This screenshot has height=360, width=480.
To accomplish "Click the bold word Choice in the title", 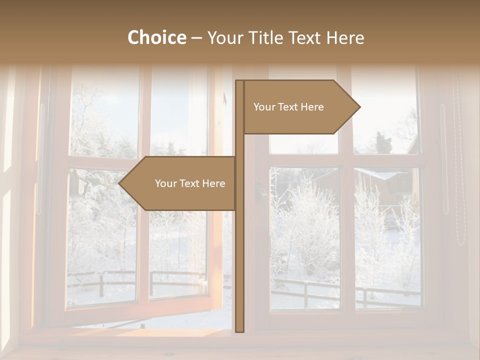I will pyautogui.click(x=156, y=37).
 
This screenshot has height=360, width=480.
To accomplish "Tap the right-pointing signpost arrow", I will pyautogui.click(x=300, y=107).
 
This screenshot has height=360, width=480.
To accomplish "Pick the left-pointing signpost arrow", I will pyautogui.click(x=180, y=183).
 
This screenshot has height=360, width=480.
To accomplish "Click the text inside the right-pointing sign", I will pyautogui.click(x=288, y=107).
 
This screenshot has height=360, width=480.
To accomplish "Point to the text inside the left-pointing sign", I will pyautogui.click(x=190, y=183).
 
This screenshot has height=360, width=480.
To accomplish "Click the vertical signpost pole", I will pyautogui.click(x=239, y=250).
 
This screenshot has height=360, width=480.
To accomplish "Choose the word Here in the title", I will pyautogui.click(x=345, y=37).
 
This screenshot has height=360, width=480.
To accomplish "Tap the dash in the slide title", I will pyautogui.click(x=196, y=37).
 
